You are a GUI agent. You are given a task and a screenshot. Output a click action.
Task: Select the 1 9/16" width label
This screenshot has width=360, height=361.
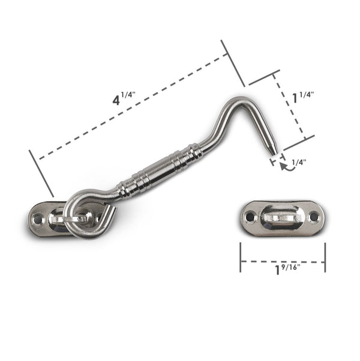pos(286,269)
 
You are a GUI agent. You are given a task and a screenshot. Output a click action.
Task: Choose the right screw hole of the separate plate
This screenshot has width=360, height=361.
pos(313,216)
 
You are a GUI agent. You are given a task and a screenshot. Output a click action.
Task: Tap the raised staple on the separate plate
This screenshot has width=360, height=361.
pos(282,216)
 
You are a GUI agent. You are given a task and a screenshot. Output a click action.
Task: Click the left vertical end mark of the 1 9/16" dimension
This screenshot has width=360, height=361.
pos(241,257)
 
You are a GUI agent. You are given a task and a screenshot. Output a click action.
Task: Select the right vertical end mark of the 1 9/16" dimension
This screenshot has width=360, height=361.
pos(325,257)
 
